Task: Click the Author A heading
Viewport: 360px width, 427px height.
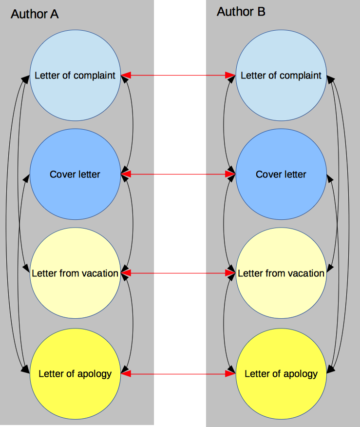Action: coord(35,14)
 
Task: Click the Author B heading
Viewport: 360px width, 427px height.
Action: coord(241,12)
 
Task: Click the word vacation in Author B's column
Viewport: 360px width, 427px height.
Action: coord(304,273)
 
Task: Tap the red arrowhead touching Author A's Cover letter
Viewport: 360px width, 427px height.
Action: coord(126,174)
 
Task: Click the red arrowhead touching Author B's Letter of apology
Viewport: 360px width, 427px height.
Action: coord(230,374)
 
